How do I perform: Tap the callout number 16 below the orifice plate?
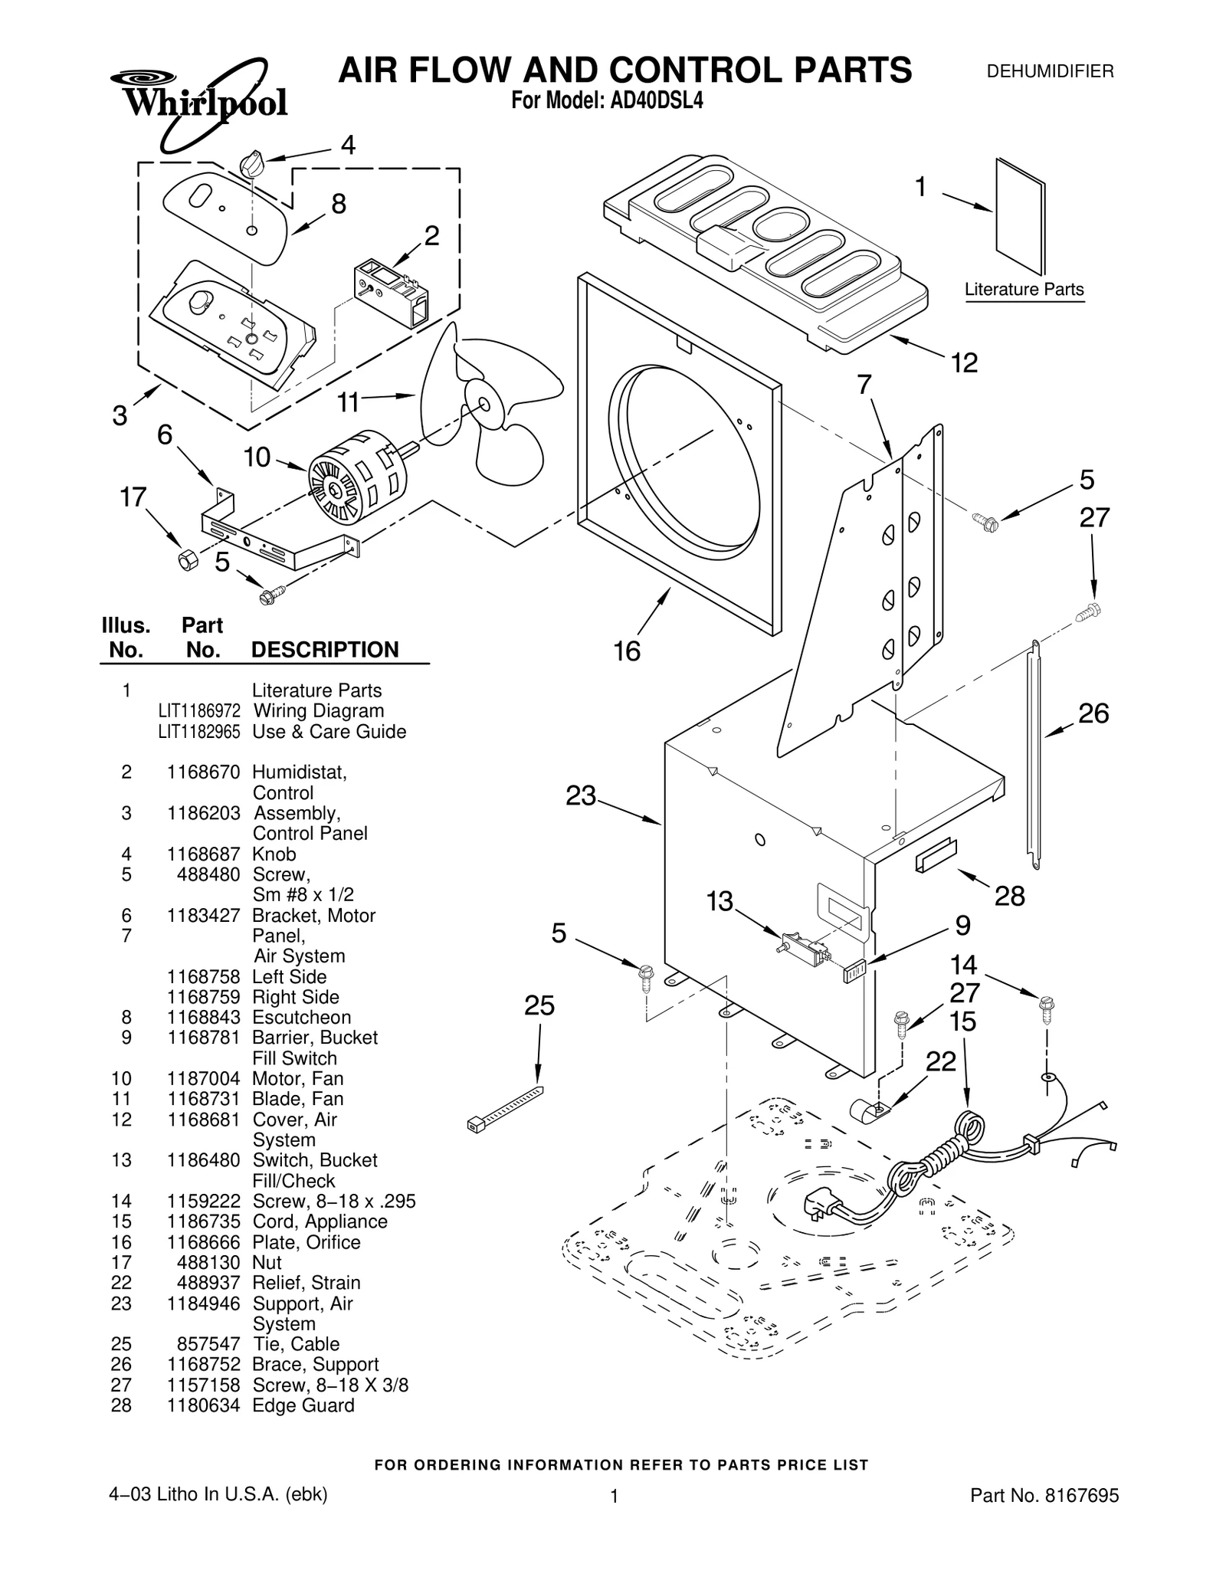[626, 651]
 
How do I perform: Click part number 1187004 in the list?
[203, 1078]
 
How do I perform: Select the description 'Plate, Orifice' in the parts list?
[306, 1242]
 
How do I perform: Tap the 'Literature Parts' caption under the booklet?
[1024, 290]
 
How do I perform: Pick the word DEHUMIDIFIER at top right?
[1050, 72]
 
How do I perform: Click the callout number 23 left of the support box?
[581, 796]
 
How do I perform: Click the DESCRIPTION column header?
[325, 650]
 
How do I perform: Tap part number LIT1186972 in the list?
[199, 711]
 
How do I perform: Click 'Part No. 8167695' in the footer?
[1044, 1495]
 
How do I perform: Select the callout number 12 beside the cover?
[964, 362]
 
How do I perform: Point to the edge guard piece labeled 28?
[935, 854]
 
